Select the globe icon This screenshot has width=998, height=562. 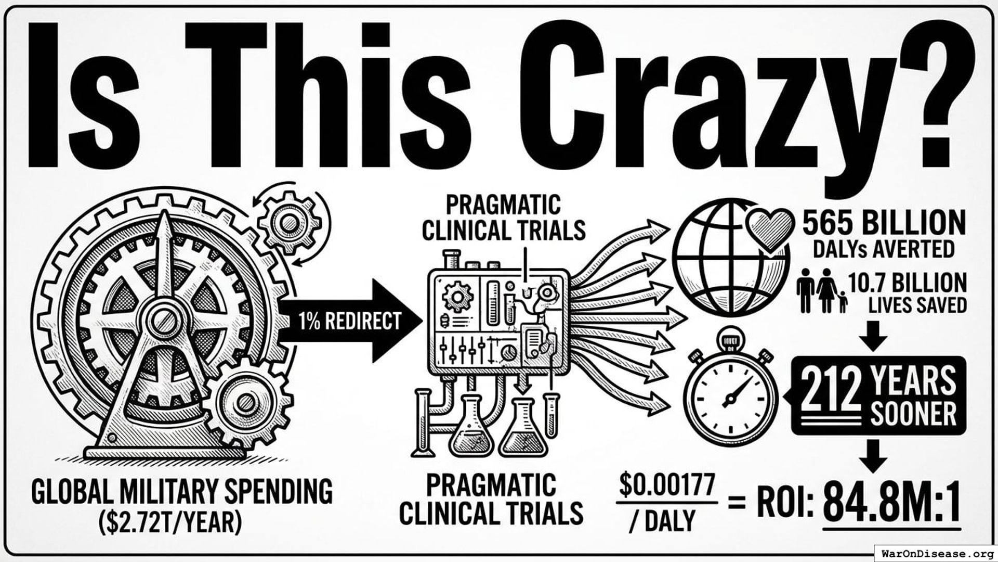[x=730, y=263]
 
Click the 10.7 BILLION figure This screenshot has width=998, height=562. [x=908, y=284]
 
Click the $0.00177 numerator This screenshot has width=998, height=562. [x=667, y=486]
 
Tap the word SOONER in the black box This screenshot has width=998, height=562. [x=913, y=415]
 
